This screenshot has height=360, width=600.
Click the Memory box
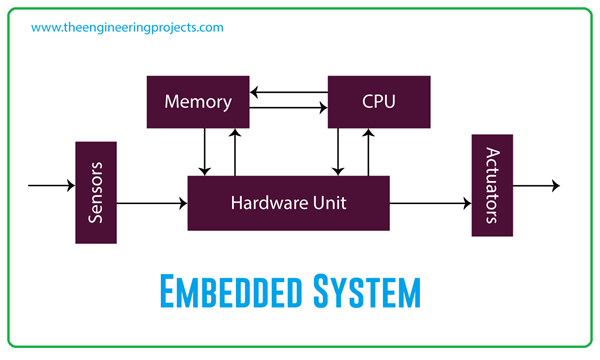(x=198, y=101)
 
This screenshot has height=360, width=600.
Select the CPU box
(x=379, y=101)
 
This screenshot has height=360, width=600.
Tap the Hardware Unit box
(x=288, y=202)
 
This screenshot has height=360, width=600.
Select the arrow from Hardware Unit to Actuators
(x=430, y=203)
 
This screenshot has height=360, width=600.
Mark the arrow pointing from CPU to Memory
(x=289, y=93)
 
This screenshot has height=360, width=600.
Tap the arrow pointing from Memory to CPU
(x=289, y=106)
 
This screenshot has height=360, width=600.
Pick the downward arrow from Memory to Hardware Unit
(x=204, y=151)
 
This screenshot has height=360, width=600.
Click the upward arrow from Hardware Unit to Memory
(x=235, y=151)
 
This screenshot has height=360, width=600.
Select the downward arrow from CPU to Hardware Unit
(x=339, y=151)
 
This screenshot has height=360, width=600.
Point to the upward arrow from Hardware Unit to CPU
(x=369, y=151)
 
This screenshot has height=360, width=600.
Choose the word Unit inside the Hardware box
(x=328, y=202)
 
